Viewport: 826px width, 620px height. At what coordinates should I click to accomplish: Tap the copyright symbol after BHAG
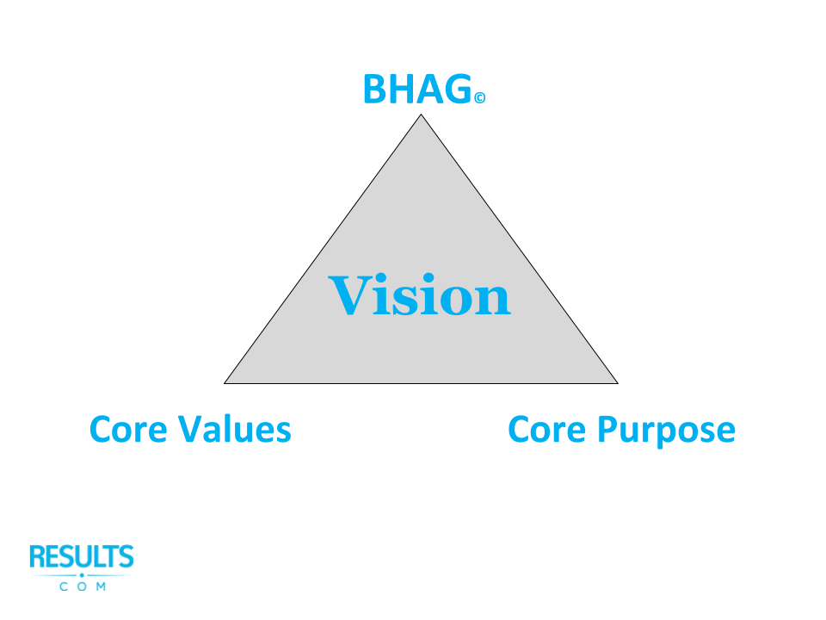[479, 99]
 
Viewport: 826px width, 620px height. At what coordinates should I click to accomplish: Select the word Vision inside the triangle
[420, 294]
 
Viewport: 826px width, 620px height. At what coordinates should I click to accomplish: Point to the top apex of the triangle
[421, 115]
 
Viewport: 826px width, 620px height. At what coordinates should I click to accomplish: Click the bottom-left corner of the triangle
[225, 382]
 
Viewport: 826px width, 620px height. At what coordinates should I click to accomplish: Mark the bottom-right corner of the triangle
[617, 382]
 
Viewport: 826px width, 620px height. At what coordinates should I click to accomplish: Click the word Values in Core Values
[234, 429]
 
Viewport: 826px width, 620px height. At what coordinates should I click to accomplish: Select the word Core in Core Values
[129, 429]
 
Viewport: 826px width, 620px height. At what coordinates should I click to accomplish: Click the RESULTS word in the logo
[82, 557]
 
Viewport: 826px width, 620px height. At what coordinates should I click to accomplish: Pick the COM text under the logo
[83, 587]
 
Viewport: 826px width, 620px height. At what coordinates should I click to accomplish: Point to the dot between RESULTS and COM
[82, 574]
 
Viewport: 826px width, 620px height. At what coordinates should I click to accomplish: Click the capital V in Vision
[349, 294]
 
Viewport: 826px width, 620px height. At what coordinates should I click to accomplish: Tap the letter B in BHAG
[375, 90]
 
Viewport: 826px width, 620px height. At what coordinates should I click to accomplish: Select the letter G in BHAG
[458, 90]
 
